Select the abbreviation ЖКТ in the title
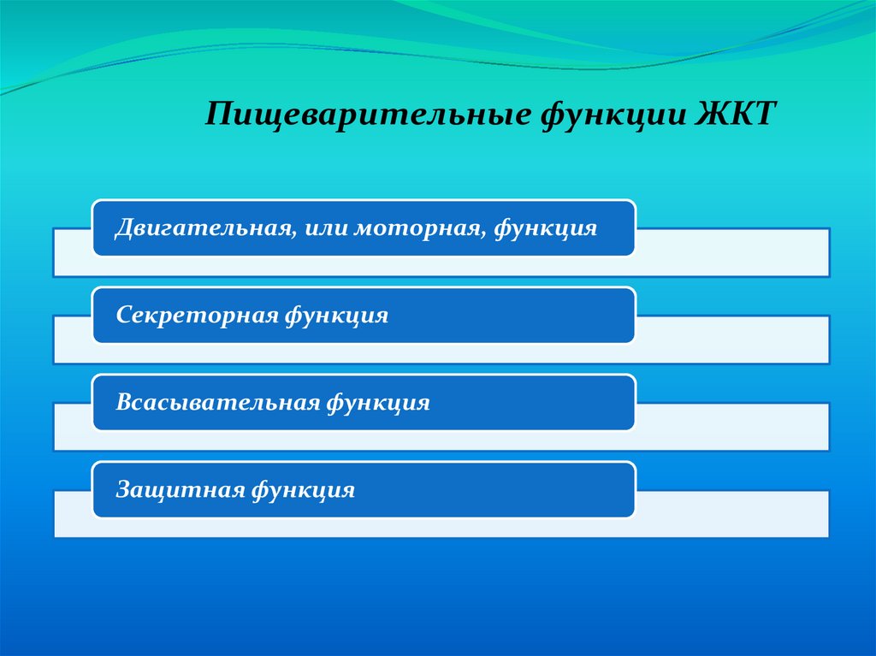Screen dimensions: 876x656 pyautogui.click(x=736, y=113)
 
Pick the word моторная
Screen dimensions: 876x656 pyautogui.click(x=417, y=228)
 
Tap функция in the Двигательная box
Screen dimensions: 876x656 pyautogui.click(x=546, y=229)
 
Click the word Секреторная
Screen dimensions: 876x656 pyautogui.click(x=197, y=315)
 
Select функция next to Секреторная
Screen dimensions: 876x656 pyautogui.click(x=337, y=316)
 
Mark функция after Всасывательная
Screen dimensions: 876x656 pyautogui.click(x=378, y=404)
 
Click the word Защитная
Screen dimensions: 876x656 pyautogui.click(x=180, y=490)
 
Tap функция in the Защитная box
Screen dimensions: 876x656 pyautogui.click(x=304, y=491)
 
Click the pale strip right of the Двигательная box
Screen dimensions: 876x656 pyautogui.click(x=732, y=251)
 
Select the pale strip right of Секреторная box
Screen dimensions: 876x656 pyautogui.click(x=732, y=340)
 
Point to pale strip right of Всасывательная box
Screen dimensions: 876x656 pyautogui.click(x=732, y=426)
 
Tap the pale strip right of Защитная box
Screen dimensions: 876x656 pyautogui.click(x=732, y=513)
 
